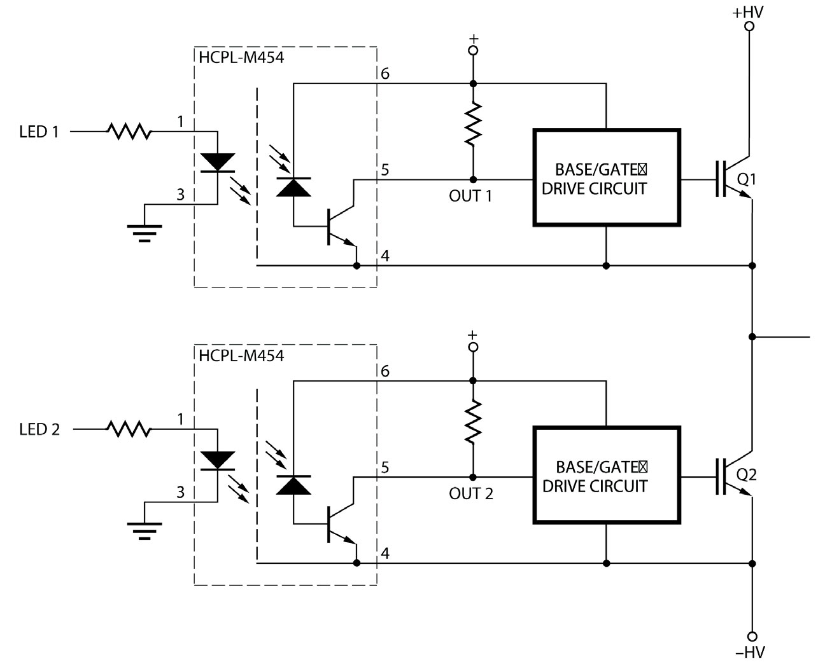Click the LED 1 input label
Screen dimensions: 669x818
pyautogui.click(x=39, y=132)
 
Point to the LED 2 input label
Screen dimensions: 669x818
pyautogui.click(x=39, y=430)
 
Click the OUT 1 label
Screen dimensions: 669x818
pyautogui.click(x=470, y=197)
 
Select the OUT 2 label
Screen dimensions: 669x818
pyautogui.click(x=471, y=494)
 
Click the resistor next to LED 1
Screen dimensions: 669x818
pyautogui.click(x=129, y=132)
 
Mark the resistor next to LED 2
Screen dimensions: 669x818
pyautogui.click(x=129, y=429)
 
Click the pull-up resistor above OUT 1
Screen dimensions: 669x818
pyautogui.click(x=472, y=125)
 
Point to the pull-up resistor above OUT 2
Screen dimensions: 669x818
pyautogui.click(x=472, y=422)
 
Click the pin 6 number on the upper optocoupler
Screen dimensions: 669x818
pyautogui.click(x=384, y=74)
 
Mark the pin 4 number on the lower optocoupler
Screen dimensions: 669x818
pyautogui.click(x=384, y=554)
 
